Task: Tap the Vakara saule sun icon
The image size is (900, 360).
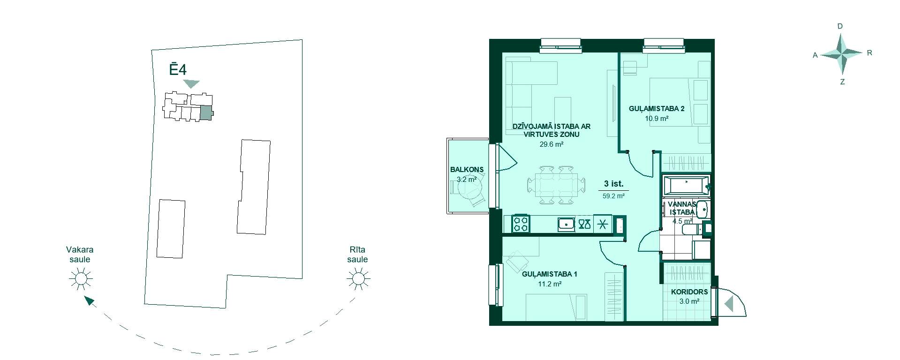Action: [81, 279]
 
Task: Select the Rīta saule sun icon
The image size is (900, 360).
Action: [358, 279]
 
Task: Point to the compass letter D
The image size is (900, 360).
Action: [840, 26]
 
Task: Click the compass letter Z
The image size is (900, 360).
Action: [842, 82]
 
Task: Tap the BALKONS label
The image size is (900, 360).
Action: [467, 170]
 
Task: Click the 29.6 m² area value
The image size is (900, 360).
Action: [551, 144]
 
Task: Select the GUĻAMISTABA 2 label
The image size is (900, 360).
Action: [657, 109]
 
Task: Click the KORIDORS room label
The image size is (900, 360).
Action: [689, 292]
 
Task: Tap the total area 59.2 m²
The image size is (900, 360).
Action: [613, 196]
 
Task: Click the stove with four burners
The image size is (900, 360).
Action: [520, 224]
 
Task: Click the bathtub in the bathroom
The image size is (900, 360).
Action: [686, 186]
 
